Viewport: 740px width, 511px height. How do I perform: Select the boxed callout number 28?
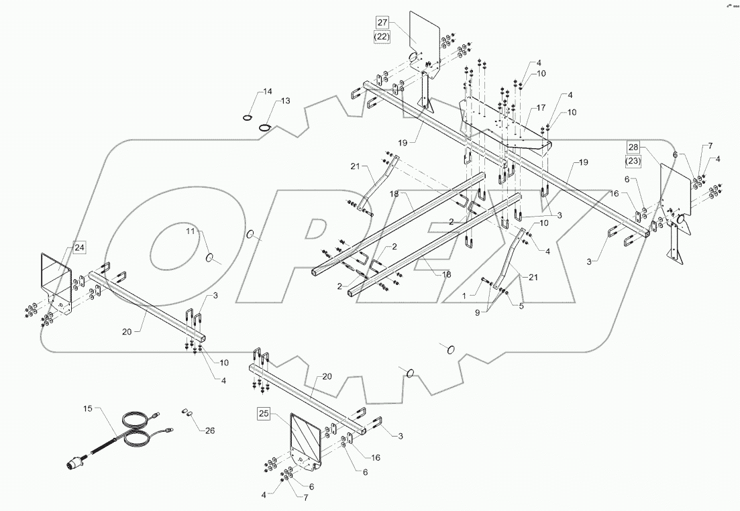click(x=634, y=147)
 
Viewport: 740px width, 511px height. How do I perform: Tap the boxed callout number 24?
click(x=80, y=248)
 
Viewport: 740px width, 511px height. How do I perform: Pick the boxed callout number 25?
click(x=264, y=414)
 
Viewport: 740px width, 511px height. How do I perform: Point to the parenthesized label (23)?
click(x=634, y=161)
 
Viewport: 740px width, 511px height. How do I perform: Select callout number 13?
click(x=285, y=101)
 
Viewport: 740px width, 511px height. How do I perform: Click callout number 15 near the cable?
click(x=88, y=408)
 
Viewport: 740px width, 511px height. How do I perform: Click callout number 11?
click(x=190, y=231)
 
